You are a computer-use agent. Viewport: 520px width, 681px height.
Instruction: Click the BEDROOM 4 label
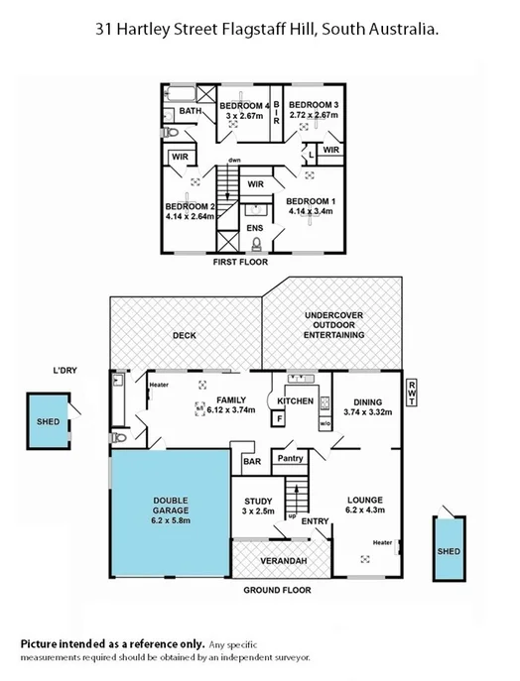coord(244,105)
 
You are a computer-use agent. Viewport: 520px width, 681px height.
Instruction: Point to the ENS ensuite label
coord(255,228)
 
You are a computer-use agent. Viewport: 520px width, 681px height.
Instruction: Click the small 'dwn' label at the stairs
coord(233,160)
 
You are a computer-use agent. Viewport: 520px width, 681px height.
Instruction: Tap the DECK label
coord(185,335)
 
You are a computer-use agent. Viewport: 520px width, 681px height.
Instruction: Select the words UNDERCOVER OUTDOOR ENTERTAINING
coord(333,325)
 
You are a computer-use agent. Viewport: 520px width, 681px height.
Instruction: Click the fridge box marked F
coord(280,419)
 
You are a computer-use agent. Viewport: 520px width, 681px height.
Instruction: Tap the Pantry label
coord(290,459)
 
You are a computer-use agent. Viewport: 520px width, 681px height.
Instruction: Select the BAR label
coord(252,461)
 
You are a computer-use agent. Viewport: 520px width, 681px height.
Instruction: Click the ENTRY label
coord(316,521)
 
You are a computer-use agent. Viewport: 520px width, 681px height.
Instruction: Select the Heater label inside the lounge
coord(383,542)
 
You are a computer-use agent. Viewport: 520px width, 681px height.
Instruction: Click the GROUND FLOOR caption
coord(277,590)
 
